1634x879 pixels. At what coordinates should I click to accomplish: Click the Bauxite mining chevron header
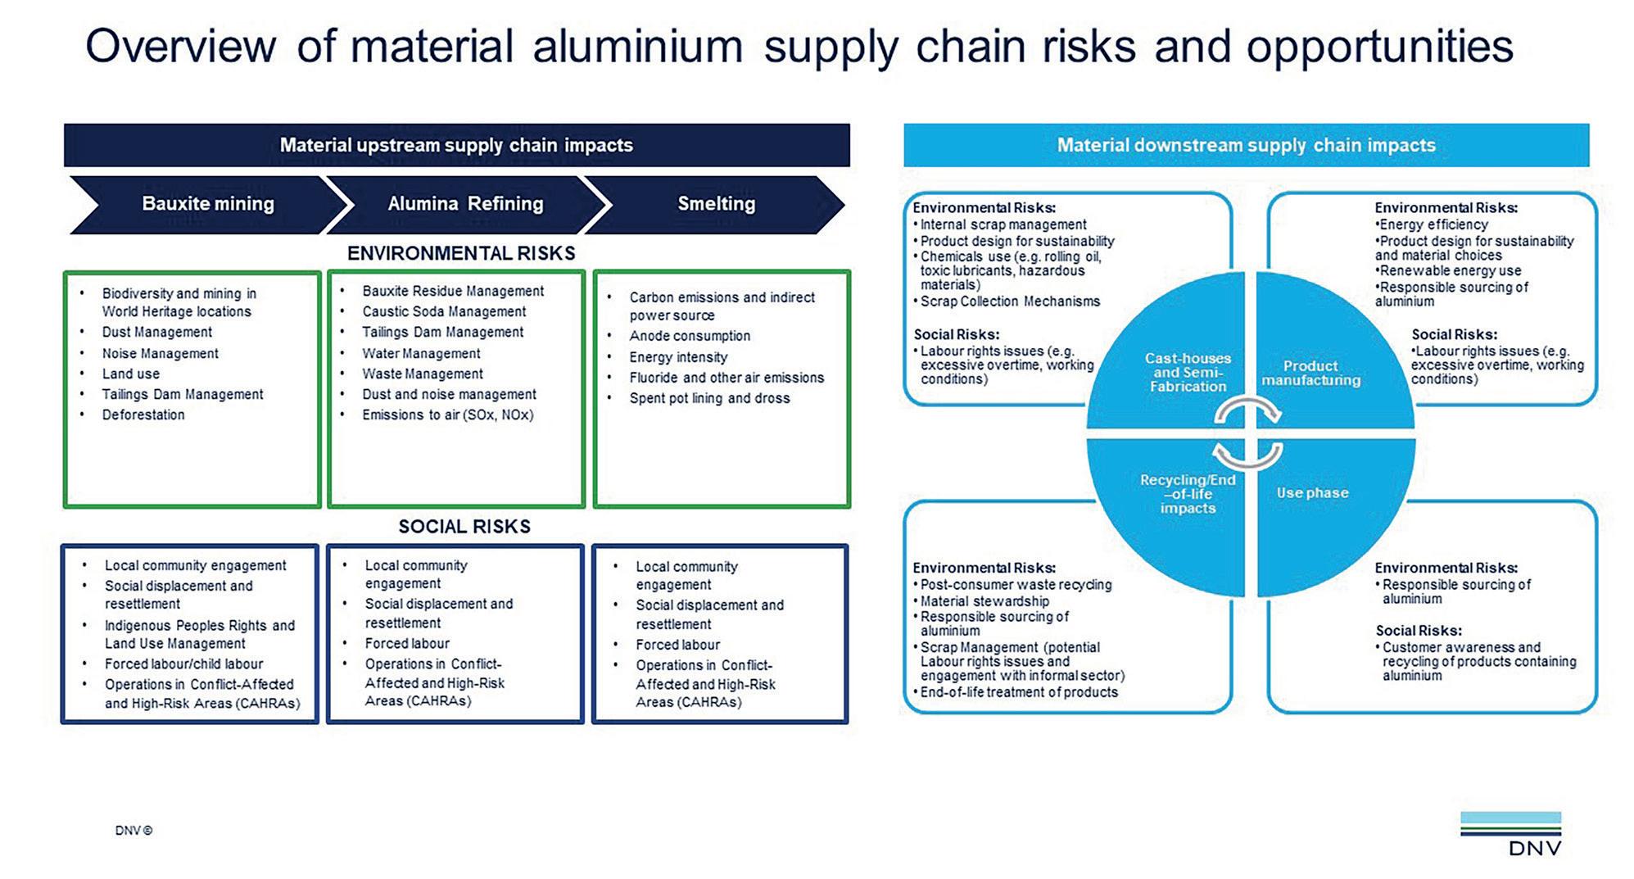[207, 204]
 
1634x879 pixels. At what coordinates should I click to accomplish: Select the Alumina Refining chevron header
[464, 204]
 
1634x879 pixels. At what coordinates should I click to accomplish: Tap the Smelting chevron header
[716, 204]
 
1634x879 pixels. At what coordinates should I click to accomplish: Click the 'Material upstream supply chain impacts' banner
[456, 145]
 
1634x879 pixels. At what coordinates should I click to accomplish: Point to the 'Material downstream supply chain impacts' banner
[1246, 145]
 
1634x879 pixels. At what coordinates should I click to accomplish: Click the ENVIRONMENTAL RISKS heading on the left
[461, 254]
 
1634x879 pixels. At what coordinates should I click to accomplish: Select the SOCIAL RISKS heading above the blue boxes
[464, 527]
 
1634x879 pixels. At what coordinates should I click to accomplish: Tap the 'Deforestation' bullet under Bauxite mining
[143, 415]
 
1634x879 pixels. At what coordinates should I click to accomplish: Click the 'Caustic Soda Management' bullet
[444, 311]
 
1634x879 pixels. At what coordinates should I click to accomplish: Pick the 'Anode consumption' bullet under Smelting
[690, 336]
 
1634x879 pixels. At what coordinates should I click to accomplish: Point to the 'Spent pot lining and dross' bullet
[709, 398]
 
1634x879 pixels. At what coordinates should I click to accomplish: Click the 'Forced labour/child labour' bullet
[183, 664]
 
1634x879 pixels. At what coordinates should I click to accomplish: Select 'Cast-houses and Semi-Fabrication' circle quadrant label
[1188, 372]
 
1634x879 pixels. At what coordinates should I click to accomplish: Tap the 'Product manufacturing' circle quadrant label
[1310, 373]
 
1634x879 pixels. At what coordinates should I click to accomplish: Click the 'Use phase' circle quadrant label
[1312, 493]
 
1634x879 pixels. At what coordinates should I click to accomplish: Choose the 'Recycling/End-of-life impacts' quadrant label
[1188, 494]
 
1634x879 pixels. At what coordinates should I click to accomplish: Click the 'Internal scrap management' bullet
[1003, 224]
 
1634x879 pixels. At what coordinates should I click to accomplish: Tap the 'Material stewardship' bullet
[984, 600]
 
